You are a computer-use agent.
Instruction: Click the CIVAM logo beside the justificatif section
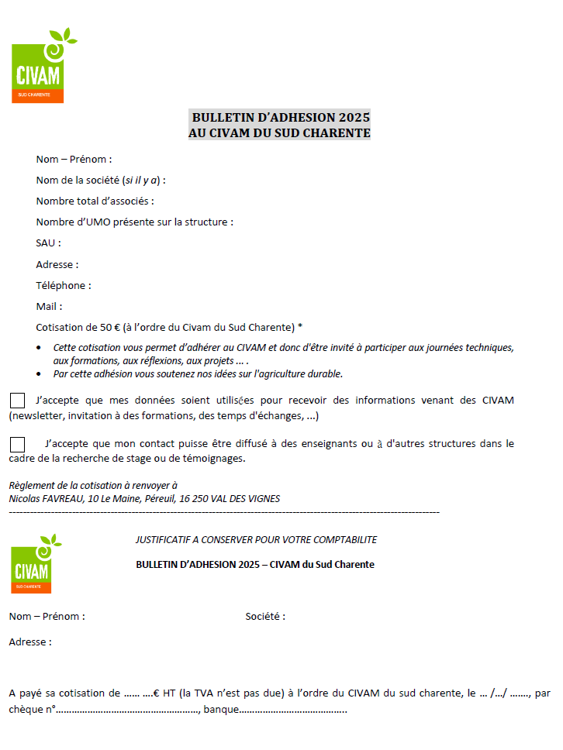32,566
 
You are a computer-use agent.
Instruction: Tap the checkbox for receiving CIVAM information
17,401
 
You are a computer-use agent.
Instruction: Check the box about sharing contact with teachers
17,444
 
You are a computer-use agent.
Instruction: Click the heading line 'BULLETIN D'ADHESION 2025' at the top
280,118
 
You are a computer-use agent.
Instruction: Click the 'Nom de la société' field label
100,181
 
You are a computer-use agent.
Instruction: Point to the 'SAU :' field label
48,243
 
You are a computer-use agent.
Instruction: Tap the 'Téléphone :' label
64,285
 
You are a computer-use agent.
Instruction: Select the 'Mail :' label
49,306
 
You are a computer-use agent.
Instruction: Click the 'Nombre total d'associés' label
95,201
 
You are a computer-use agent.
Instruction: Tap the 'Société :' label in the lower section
265,617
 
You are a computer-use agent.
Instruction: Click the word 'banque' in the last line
221,710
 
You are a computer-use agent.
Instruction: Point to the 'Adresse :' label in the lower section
30,642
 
